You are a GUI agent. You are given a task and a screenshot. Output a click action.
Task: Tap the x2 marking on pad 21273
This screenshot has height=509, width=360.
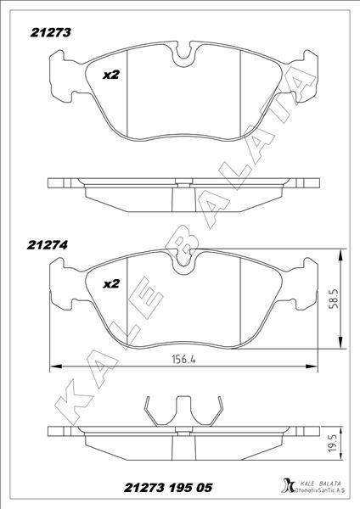click(110, 75)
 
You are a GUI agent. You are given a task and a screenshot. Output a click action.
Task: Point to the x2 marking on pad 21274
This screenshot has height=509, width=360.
click(110, 284)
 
